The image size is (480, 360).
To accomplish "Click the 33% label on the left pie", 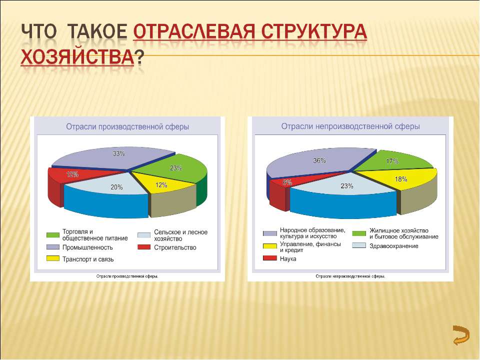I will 118,154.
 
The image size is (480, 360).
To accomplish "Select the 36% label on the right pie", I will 319,161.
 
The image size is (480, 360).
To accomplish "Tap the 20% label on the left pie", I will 116,187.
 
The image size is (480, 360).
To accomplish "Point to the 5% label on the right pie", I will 287,182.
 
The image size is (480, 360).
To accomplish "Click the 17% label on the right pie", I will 392,161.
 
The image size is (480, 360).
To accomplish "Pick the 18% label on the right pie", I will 400,178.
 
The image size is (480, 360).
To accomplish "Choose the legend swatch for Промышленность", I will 53,247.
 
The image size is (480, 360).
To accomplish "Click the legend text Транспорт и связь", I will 88,259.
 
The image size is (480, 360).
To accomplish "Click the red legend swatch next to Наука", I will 269,258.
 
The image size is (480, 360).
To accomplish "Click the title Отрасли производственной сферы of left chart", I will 127,127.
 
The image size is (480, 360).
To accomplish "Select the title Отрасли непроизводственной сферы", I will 350,126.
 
